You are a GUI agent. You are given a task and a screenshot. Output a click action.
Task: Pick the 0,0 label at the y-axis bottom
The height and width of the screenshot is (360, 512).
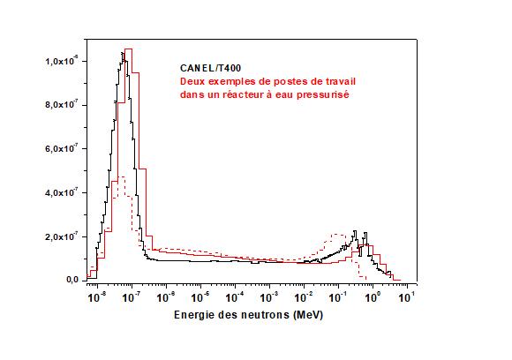point(72,280)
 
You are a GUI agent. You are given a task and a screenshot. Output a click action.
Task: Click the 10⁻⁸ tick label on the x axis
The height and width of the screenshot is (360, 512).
point(96,298)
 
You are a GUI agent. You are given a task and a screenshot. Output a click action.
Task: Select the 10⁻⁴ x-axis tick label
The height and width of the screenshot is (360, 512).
point(235,298)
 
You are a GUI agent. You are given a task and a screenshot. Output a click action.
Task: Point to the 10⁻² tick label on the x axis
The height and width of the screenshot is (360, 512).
point(304,298)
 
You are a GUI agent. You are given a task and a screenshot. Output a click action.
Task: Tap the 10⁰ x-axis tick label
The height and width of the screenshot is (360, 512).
point(373,298)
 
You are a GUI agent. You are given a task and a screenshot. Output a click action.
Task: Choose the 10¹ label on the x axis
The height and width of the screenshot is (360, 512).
point(407,298)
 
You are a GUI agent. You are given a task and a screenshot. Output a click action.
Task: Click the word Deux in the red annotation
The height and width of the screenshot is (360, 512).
point(192,81)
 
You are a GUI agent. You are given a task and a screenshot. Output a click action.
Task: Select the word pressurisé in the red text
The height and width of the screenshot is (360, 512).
point(321,94)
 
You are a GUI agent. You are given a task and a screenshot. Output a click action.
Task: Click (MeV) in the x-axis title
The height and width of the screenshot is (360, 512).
point(308,314)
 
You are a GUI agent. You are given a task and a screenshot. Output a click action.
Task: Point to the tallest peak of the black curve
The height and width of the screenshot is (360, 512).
point(123,53)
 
